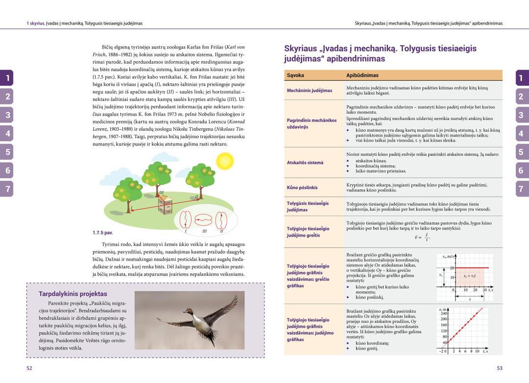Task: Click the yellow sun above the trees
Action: [x=226, y=161]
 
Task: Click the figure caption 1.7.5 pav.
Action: [x=102, y=233]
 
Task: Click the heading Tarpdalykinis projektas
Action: [x=72, y=294]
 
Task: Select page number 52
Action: [x=29, y=367]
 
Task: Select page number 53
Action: [x=500, y=367]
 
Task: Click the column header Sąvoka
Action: [x=296, y=76]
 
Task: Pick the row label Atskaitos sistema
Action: [x=305, y=163]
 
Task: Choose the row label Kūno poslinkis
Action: [x=302, y=187]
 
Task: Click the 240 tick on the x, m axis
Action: [x=445, y=314]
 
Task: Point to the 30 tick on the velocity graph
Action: [x=485, y=290]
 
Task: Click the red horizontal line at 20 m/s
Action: [x=473, y=267]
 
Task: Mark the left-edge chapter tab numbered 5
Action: [x=7, y=152]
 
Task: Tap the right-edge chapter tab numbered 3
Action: [x=521, y=115]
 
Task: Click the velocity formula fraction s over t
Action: [x=427, y=238]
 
